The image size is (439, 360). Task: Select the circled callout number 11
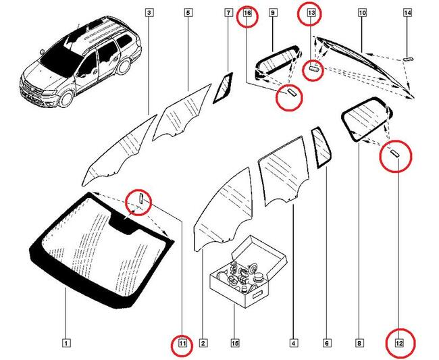(x=182, y=344)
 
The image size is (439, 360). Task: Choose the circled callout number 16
(x=247, y=13)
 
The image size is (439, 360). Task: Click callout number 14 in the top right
(x=407, y=13)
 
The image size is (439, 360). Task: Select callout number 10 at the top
(x=362, y=13)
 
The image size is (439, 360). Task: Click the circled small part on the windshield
(x=142, y=199)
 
